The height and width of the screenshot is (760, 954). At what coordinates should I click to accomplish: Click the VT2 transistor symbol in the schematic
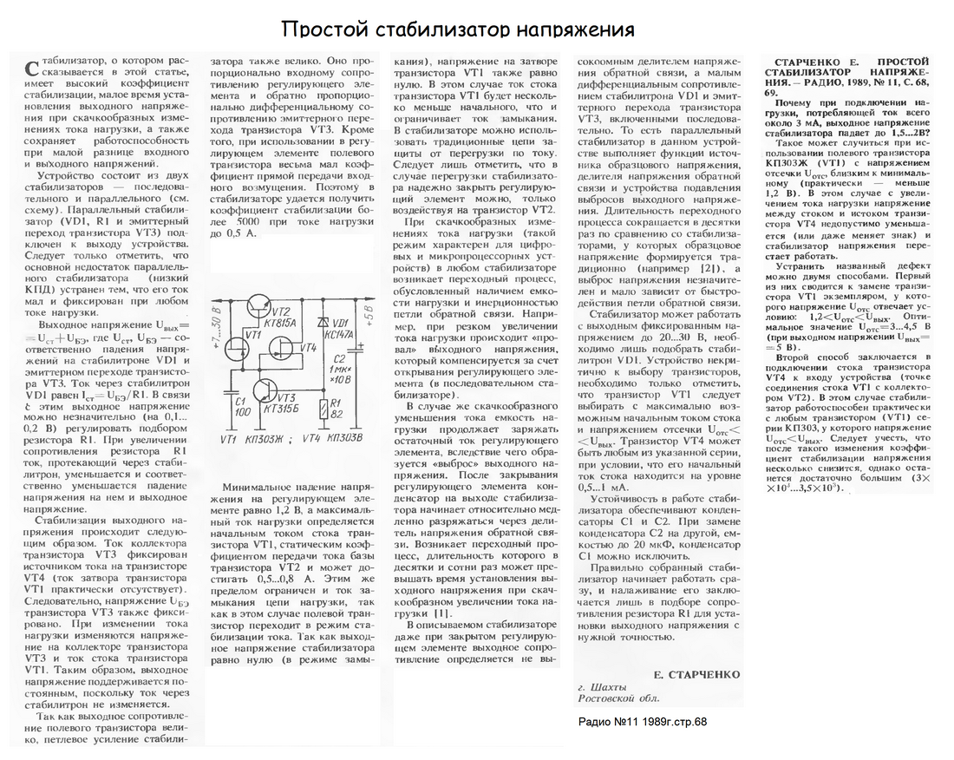point(258,305)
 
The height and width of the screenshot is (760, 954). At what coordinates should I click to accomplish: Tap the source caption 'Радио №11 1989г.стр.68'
point(642,722)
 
